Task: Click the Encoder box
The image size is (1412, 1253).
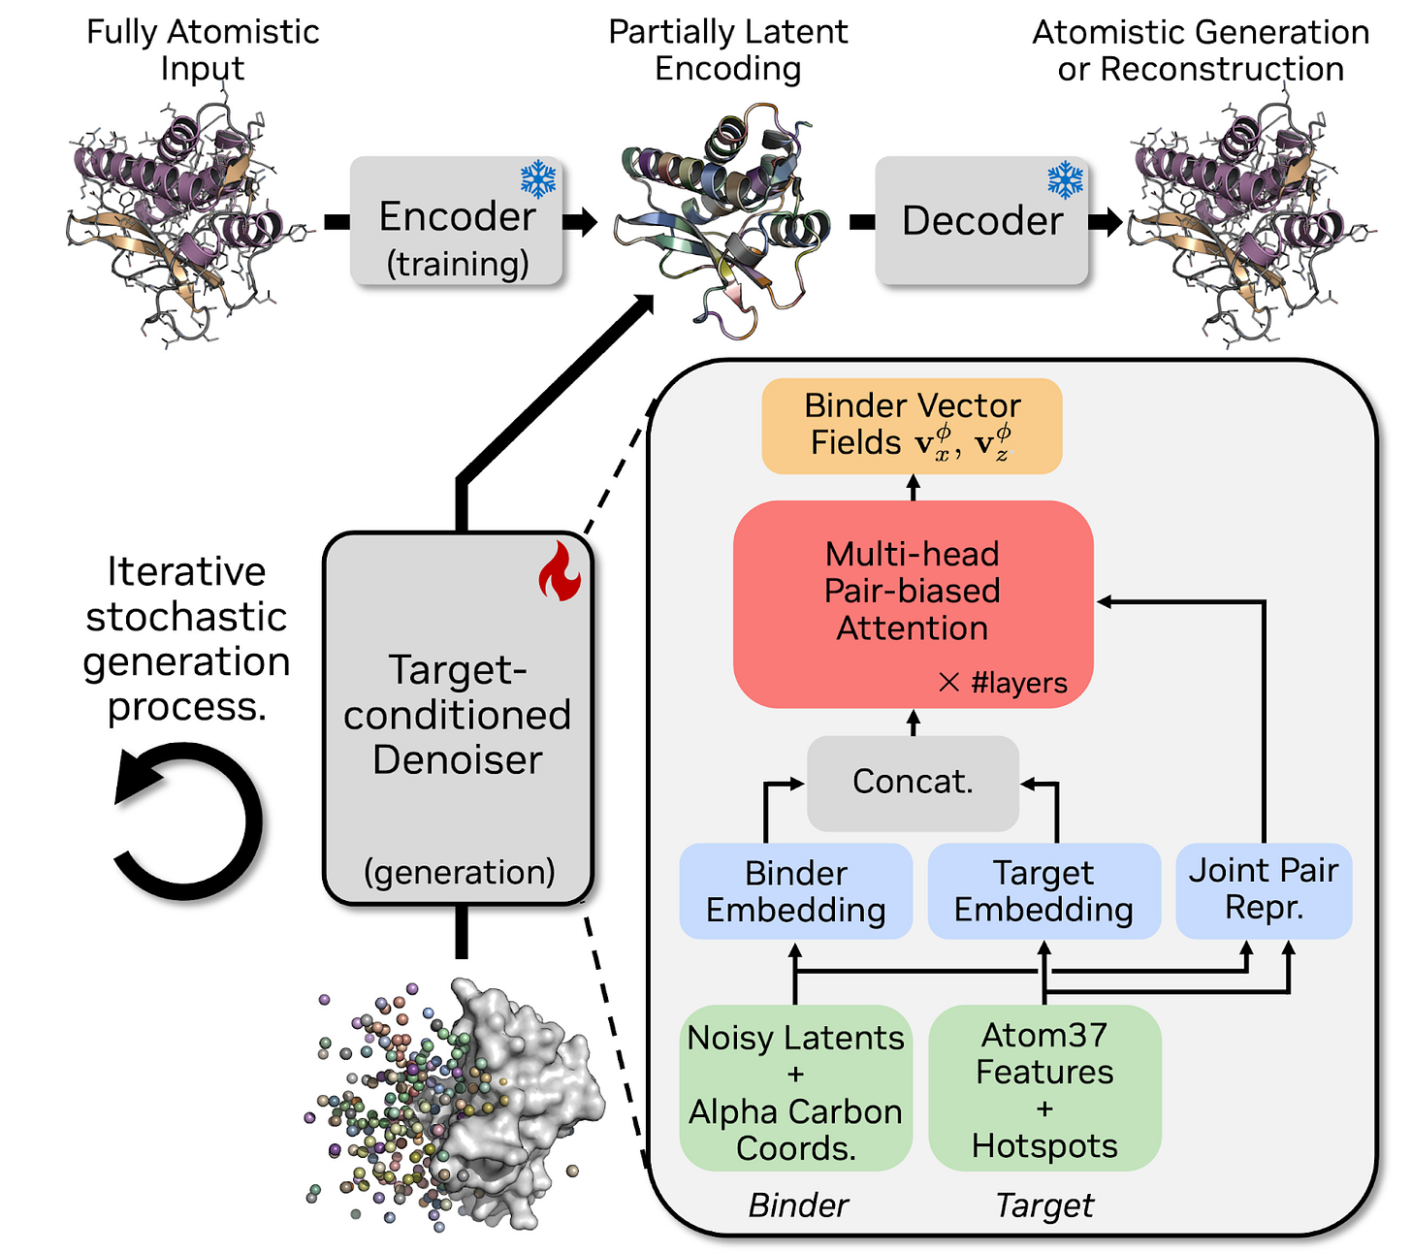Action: (456, 221)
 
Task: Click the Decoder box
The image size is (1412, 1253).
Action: (981, 221)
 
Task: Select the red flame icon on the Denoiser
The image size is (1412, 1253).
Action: (560, 573)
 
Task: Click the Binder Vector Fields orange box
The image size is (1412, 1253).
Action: (912, 426)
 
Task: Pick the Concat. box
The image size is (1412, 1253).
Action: (913, 782)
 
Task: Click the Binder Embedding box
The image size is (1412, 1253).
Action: (795, 891)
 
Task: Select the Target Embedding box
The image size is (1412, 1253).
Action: (1043, 891)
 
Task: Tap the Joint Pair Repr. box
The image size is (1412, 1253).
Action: (1263, 889)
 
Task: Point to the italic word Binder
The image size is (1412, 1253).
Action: (798, 1205)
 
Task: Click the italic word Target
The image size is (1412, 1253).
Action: (1044, 1205)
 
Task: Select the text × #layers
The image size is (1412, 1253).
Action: (1003, 683)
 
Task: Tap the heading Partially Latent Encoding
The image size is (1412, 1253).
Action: (727, 50)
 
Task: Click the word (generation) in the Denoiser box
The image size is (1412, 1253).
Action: (459, 872)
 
